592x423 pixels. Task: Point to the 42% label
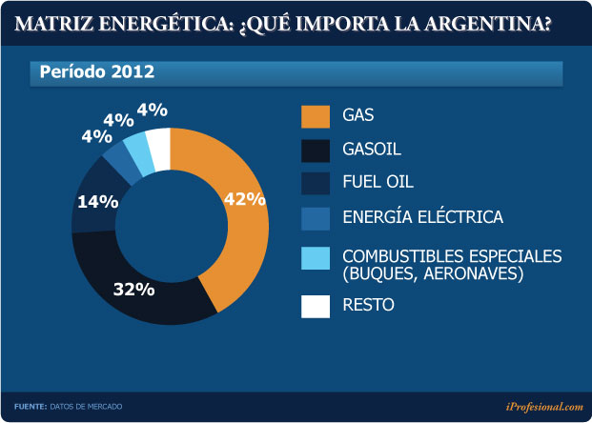(243, 198)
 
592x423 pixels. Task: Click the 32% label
(134, 290)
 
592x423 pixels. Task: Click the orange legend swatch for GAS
(315, 116)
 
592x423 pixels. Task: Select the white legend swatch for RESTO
(315, 306)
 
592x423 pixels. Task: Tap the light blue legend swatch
(315, 258)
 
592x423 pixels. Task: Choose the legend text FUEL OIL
(378, 181)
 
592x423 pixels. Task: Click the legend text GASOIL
(372, 150)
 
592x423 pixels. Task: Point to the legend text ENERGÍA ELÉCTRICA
(422, 216)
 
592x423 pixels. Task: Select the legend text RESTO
(367, 306)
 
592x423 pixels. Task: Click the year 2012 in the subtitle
(133, 71)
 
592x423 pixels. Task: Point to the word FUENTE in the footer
(31, 407)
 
